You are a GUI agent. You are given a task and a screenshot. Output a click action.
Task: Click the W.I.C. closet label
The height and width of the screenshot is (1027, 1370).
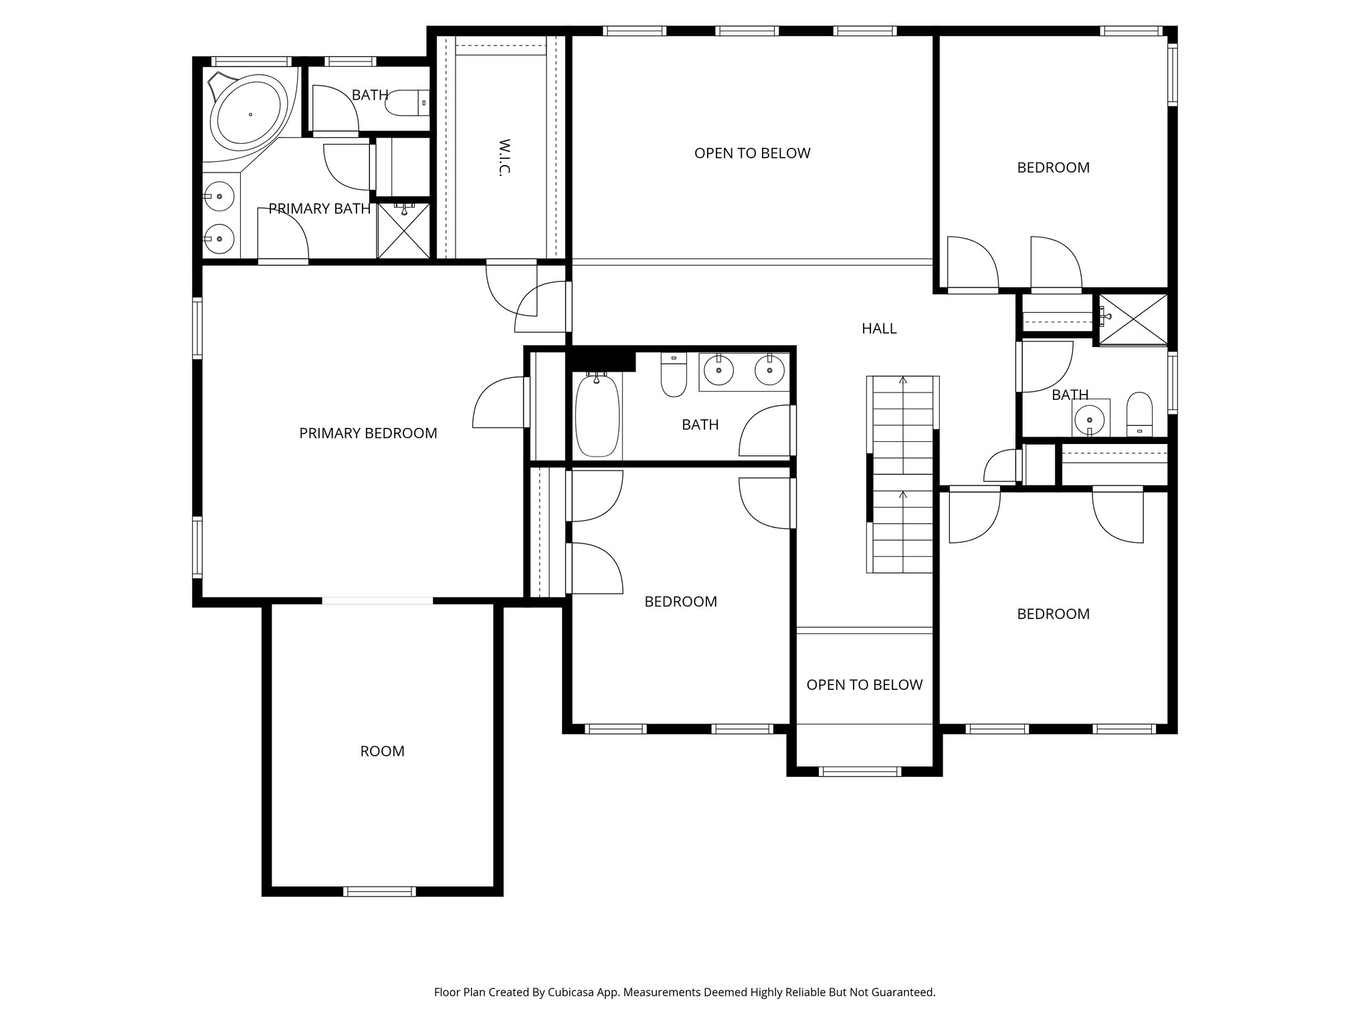(505, 157)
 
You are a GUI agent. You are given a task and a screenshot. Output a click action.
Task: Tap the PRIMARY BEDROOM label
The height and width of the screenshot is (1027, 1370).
(368, 433)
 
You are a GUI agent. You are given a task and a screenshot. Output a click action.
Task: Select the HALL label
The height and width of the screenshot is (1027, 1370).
(879, 328)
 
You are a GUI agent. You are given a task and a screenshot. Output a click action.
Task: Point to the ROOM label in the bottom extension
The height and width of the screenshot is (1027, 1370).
(382, 751)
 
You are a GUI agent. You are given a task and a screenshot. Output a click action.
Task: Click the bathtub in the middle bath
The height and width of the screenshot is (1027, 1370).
(597, 416)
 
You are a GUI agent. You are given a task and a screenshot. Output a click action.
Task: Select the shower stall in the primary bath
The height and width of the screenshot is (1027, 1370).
(403, 231)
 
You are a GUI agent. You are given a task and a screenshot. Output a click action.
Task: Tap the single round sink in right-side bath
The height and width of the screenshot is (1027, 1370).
(1090, 420)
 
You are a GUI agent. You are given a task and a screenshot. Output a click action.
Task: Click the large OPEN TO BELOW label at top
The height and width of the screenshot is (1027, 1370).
(752, 153)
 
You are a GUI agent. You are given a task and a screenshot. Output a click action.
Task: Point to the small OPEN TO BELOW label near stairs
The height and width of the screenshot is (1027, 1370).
(864, 685)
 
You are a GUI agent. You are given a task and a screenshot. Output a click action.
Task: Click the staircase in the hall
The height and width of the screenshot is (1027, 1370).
(902, 474)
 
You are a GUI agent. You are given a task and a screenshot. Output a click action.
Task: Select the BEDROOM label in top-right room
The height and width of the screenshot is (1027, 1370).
(1053, 168)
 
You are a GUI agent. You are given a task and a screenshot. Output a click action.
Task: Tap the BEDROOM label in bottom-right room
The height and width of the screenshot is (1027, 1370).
(1053, 614)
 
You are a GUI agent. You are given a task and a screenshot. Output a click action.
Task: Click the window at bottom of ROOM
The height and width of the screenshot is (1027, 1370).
(379, 891)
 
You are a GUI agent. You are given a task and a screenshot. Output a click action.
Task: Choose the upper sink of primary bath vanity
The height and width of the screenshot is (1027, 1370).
(219, 197)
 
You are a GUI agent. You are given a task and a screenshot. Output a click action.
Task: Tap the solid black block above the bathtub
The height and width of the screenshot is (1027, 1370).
(601, 360)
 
